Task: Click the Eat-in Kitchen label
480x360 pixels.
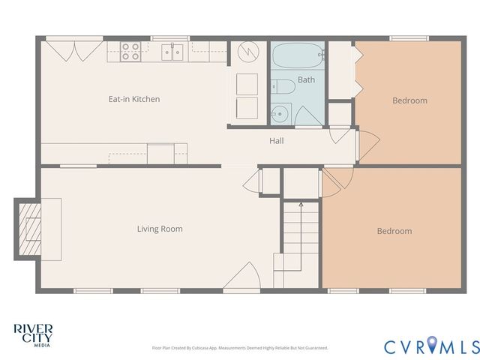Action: (x=135, y=99)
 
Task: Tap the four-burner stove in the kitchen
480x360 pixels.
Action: (x=130, y=51)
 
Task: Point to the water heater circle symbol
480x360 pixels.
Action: (x=247, y=53)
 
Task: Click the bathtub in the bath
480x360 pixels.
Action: (x=298, y=56)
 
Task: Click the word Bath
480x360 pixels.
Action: (x=306, y=79)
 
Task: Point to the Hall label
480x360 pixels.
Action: (x=277, y=140)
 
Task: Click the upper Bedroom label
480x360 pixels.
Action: (x=409, y=100)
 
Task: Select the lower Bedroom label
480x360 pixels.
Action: (x=394, y=231)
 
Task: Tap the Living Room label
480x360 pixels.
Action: (x=160, y=229)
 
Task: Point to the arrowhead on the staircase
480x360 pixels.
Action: (x=301, y=203)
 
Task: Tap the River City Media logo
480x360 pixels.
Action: (x=33, y=334)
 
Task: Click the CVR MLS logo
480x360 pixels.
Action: (x=431, y=346)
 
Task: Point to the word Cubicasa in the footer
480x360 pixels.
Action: (x=201, y=348)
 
